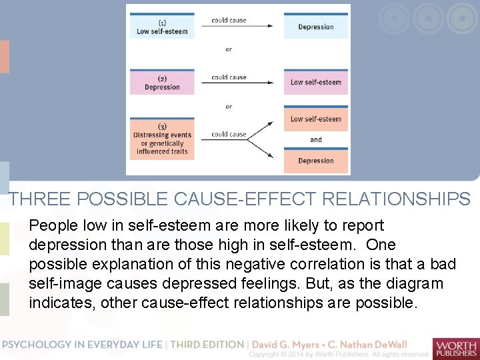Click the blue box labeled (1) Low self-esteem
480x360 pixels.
(x=162, y=27)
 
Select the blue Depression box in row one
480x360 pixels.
(x=315, y=27)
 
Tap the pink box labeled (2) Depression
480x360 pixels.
(x=162, y=83)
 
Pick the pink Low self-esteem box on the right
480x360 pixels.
(x=315, y=83)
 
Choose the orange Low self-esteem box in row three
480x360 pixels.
(x=315, y=119)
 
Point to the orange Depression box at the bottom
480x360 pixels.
(x=315, y=161)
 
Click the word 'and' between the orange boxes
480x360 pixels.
(x=315, y=140)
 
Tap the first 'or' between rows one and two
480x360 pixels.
(x=229, y=49)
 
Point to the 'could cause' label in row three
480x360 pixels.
(x=229, y=134)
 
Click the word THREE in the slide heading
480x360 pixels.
(x=41, y=199)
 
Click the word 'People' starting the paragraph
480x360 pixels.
(x=53, y=227)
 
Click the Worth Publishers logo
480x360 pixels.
(x=455, y=348)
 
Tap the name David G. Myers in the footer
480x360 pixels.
(x=291, y=345)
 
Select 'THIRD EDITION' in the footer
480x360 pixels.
(x=207, y=345)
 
